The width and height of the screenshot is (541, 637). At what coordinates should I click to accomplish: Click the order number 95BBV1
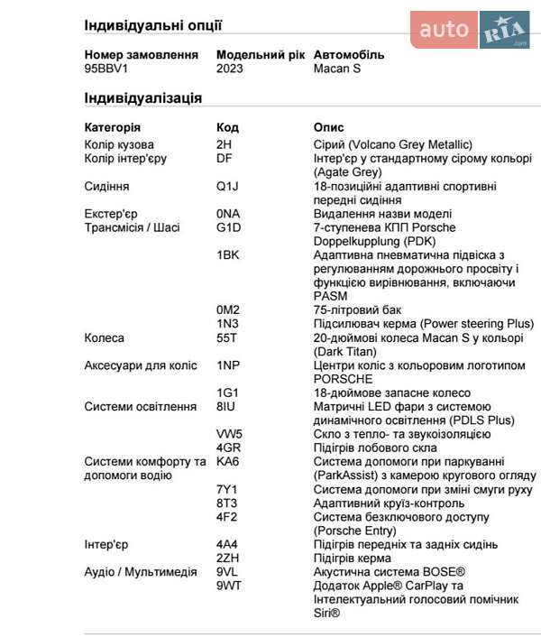click(106, 69)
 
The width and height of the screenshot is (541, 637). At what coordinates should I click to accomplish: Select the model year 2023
click(230, 69)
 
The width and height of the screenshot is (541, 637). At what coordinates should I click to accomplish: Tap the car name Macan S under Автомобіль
click(337, 69)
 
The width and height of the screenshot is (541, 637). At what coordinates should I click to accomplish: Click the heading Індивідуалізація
click(142, 98)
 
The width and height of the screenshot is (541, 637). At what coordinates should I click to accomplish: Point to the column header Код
click(227, 127)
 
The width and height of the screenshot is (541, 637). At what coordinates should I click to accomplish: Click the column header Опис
click(328, 127)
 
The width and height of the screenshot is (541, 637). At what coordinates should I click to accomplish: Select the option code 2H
click(225, 144)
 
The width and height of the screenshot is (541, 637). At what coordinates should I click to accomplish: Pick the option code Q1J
click(226, 186)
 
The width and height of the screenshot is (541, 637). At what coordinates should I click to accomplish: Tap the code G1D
click(229, 227)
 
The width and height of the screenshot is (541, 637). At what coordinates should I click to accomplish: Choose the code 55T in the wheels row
click(226, 337)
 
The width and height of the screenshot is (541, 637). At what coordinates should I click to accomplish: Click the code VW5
click(229, 434)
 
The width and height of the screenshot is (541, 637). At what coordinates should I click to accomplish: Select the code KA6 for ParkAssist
click(227, 462)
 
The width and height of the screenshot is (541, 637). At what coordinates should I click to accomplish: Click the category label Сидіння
click(106, 186)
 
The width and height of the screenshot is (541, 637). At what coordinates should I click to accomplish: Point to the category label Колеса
click(105, 337)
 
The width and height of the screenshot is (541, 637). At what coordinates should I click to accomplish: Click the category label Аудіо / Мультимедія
click(141, 572)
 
